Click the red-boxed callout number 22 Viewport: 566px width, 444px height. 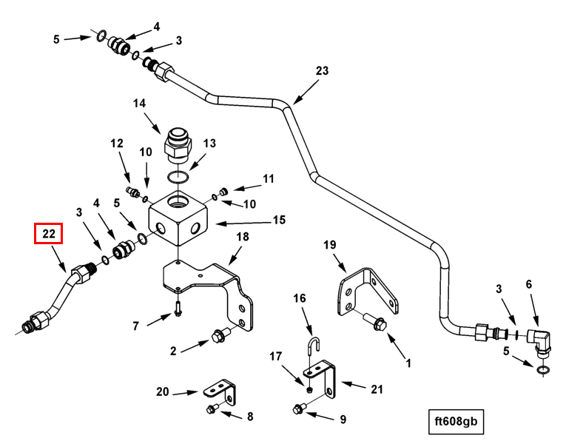coord(49,235)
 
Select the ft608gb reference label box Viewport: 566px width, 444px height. coord(457,422)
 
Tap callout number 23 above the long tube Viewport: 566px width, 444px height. coord(321,71)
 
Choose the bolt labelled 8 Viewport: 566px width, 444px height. coord(212,408)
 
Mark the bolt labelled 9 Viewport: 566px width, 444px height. coord(300,406)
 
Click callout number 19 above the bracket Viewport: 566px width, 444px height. coord(330,244)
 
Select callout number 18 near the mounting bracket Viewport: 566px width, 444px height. coord(242,237)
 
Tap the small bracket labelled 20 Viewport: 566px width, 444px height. coord(220,388)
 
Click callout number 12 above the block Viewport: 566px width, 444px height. coord(117,143)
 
